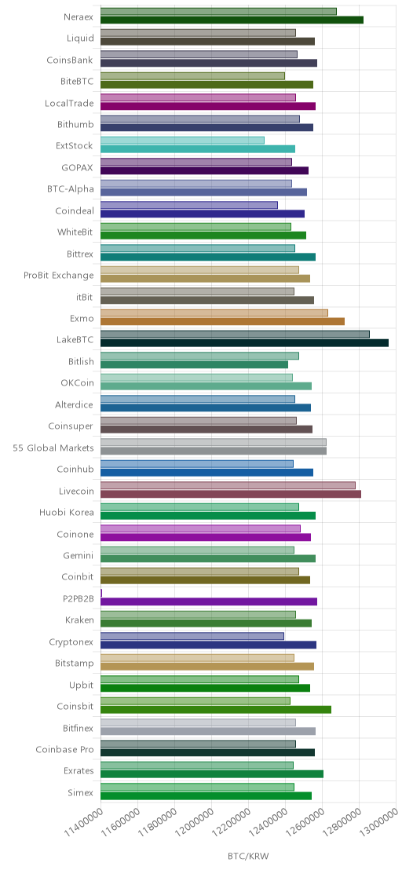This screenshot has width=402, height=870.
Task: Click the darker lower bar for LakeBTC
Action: pos(244,343)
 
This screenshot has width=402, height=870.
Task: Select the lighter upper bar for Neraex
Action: pos(218,12)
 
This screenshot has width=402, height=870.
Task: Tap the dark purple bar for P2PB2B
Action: pos(209,601)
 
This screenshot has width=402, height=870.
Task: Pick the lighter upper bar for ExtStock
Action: pos(182,141)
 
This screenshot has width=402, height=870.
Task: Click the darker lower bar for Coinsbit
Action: pos(216,710)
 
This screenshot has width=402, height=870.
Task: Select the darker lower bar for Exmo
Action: pos(223,321)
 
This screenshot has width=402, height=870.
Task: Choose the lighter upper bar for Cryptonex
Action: pos(192,637)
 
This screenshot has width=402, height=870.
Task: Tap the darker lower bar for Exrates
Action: pos(212,774)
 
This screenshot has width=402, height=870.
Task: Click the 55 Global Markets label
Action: pos(53,448)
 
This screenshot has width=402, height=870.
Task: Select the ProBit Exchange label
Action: pos(59,276)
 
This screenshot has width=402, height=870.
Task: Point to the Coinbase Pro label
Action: pos(65,750)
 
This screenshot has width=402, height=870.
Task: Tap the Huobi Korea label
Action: pos(67,513)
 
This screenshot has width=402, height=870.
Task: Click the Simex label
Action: pos(81,793)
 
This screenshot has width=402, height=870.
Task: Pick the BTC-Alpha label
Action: pos(71,189)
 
